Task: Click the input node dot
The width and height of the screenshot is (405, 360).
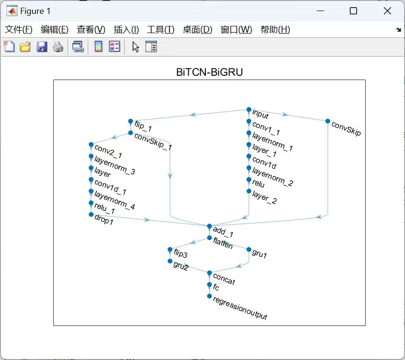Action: tap(249, 110)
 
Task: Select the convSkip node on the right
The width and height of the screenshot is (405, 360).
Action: tap(328, 121)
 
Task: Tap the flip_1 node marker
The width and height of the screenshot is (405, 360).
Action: tap(131, 121)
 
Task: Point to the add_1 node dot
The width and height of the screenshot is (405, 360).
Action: tap(209, 226)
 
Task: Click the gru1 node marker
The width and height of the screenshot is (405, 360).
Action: tap(249, 249)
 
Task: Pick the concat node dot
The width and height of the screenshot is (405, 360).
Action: tap(209, 273)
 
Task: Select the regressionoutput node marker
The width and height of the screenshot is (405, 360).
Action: tap(209, 296)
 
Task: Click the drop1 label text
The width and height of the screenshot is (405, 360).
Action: tap(104, 221)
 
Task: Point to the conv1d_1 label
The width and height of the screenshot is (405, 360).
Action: tap(110, 186)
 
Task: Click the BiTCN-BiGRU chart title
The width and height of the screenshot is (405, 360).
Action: tap(209, 73)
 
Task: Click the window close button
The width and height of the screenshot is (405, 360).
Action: tap(387, 11)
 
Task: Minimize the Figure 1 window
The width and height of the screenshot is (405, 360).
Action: tap(319, 11)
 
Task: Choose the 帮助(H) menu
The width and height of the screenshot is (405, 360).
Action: tap(275, 30)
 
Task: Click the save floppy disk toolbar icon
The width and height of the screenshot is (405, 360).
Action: tap(42, 47)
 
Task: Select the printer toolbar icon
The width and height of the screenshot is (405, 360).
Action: tap(58, 47)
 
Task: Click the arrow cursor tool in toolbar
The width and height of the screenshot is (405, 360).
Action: tap(136, 47)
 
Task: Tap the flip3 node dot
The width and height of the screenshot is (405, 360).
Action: tap(170, 249)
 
